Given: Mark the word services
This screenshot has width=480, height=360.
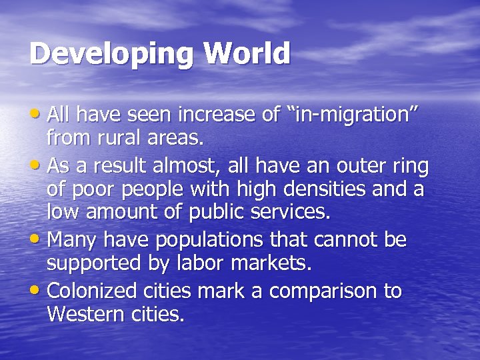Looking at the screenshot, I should [289, 213].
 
